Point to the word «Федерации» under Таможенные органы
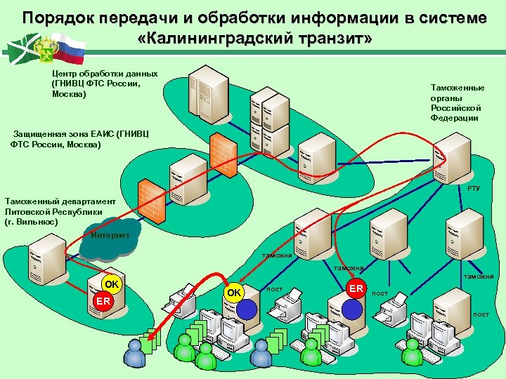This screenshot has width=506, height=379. [x=455, y=118]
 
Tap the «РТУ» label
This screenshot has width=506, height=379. [x=474, y=189]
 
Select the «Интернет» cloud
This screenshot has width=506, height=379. [x=109, y=236]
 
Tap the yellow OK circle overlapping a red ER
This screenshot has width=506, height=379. [x=111, y=284]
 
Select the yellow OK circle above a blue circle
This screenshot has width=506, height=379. [x=234, y=292]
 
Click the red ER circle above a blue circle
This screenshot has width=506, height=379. [x=356, y=288]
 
